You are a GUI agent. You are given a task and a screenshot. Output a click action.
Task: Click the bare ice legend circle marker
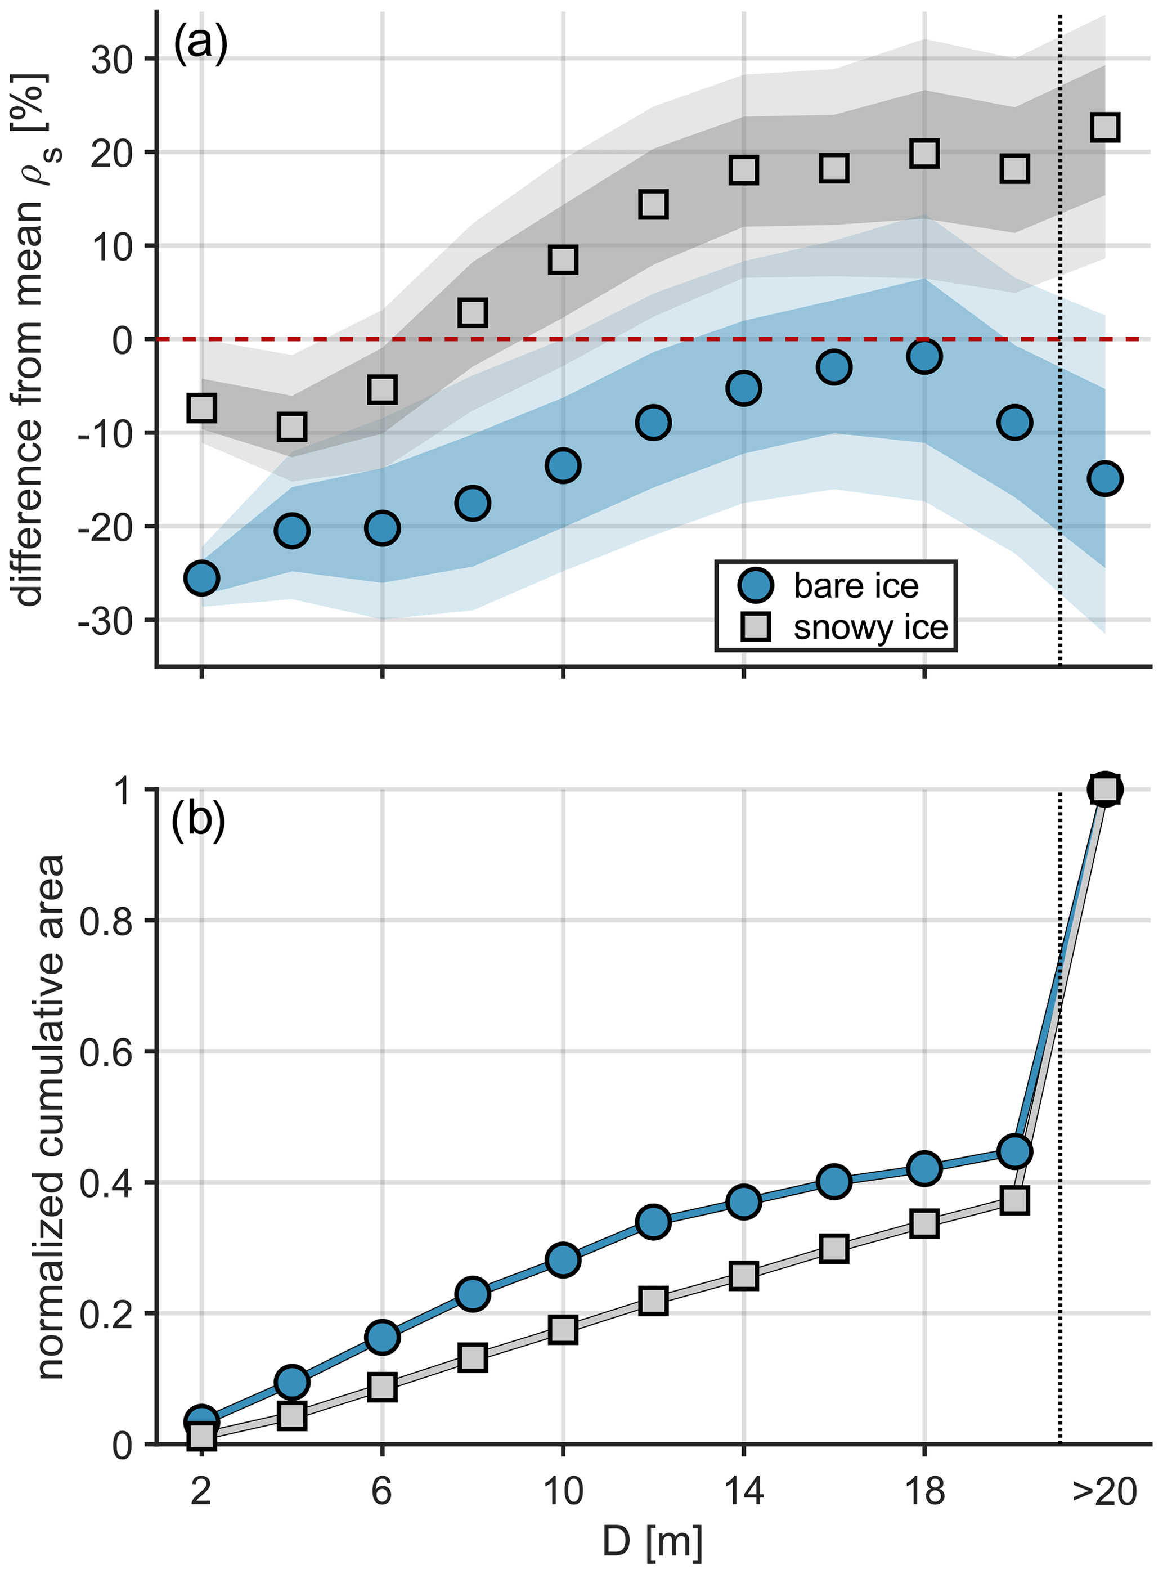coord(756,585)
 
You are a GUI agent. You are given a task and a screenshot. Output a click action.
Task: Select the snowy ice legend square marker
coord(756,626)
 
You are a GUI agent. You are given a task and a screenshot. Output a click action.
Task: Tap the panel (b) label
coord(199,819)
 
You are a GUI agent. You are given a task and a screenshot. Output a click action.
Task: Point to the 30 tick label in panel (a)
coord(112,60)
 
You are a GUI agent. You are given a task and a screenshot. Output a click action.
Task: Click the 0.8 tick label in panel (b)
coord(106,921)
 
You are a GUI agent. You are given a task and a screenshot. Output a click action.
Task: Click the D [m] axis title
coord(653,1541)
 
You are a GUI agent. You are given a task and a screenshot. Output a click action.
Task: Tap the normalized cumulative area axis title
coord(51,1117)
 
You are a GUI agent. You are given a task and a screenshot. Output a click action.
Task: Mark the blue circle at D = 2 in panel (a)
coord(202,578)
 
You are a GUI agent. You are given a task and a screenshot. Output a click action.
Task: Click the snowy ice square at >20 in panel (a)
coord(1104,127)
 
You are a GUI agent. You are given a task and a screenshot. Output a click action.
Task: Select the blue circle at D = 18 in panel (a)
coord(924,356)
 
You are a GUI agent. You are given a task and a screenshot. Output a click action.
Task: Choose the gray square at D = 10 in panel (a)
coord(563,260)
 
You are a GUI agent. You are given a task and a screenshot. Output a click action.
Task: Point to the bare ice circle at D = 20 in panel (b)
coord(1014,1151)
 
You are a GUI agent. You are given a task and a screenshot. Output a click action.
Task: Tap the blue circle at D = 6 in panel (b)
coord(382,1338)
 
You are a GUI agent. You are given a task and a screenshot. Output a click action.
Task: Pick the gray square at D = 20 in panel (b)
coord(1014,1200)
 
